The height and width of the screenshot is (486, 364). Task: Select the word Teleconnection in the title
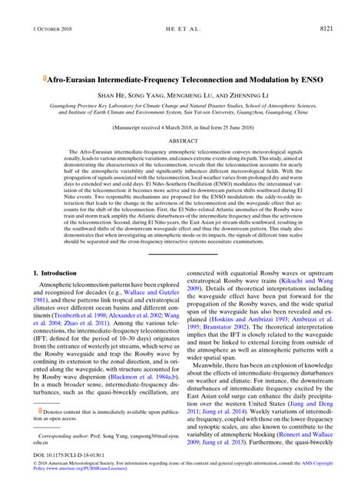pyautogui.click(x=219, y=78)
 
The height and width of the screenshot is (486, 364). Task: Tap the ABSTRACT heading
pyautogui.click(x=182, y=142)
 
